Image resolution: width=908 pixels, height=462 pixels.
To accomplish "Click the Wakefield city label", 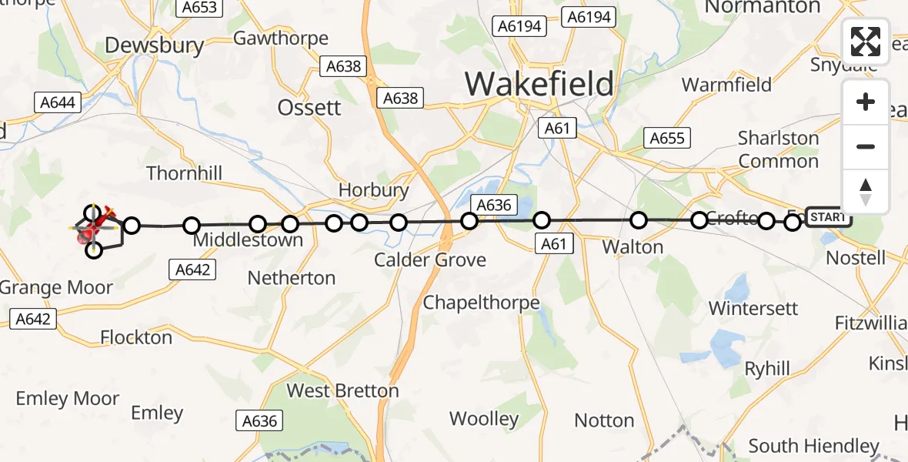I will (539, 83).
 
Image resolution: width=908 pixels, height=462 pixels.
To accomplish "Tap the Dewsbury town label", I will (155, 45).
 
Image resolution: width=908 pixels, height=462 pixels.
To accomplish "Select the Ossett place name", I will (309, 107).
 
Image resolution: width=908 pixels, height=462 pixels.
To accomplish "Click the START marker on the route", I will (828, 218).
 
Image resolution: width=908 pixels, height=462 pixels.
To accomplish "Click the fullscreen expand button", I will (866, 42).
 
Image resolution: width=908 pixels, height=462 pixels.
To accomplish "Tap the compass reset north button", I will (866, 192).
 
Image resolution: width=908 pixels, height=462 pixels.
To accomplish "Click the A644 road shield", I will (54, 102).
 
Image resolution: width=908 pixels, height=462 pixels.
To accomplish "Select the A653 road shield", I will (199, 8).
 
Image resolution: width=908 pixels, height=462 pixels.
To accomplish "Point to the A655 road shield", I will (666, 138).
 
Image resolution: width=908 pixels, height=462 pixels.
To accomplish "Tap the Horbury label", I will (373, 190).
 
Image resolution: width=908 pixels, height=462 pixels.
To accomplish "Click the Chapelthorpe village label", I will (481, 303).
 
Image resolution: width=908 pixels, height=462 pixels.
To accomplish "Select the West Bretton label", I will (342, 391).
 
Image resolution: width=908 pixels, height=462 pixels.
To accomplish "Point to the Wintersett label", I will (753, 308).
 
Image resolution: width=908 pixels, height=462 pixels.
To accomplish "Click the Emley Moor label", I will (68, 399).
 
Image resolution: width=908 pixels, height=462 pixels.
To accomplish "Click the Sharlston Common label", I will (778, 149).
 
